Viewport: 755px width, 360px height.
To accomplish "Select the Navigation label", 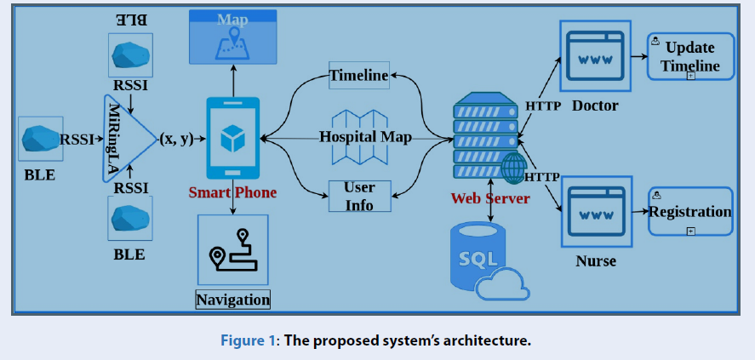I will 232,300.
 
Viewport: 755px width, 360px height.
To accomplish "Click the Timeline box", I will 359,76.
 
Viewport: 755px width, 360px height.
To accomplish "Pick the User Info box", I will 359,196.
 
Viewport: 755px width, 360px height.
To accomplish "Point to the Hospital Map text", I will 365,136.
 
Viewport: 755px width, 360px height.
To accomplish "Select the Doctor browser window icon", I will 593,58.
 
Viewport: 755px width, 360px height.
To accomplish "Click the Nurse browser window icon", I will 593,213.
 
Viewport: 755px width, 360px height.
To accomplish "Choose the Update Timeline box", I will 690,57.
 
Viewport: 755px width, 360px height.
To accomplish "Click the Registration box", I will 690,212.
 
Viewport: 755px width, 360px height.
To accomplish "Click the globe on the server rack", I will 514,169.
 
